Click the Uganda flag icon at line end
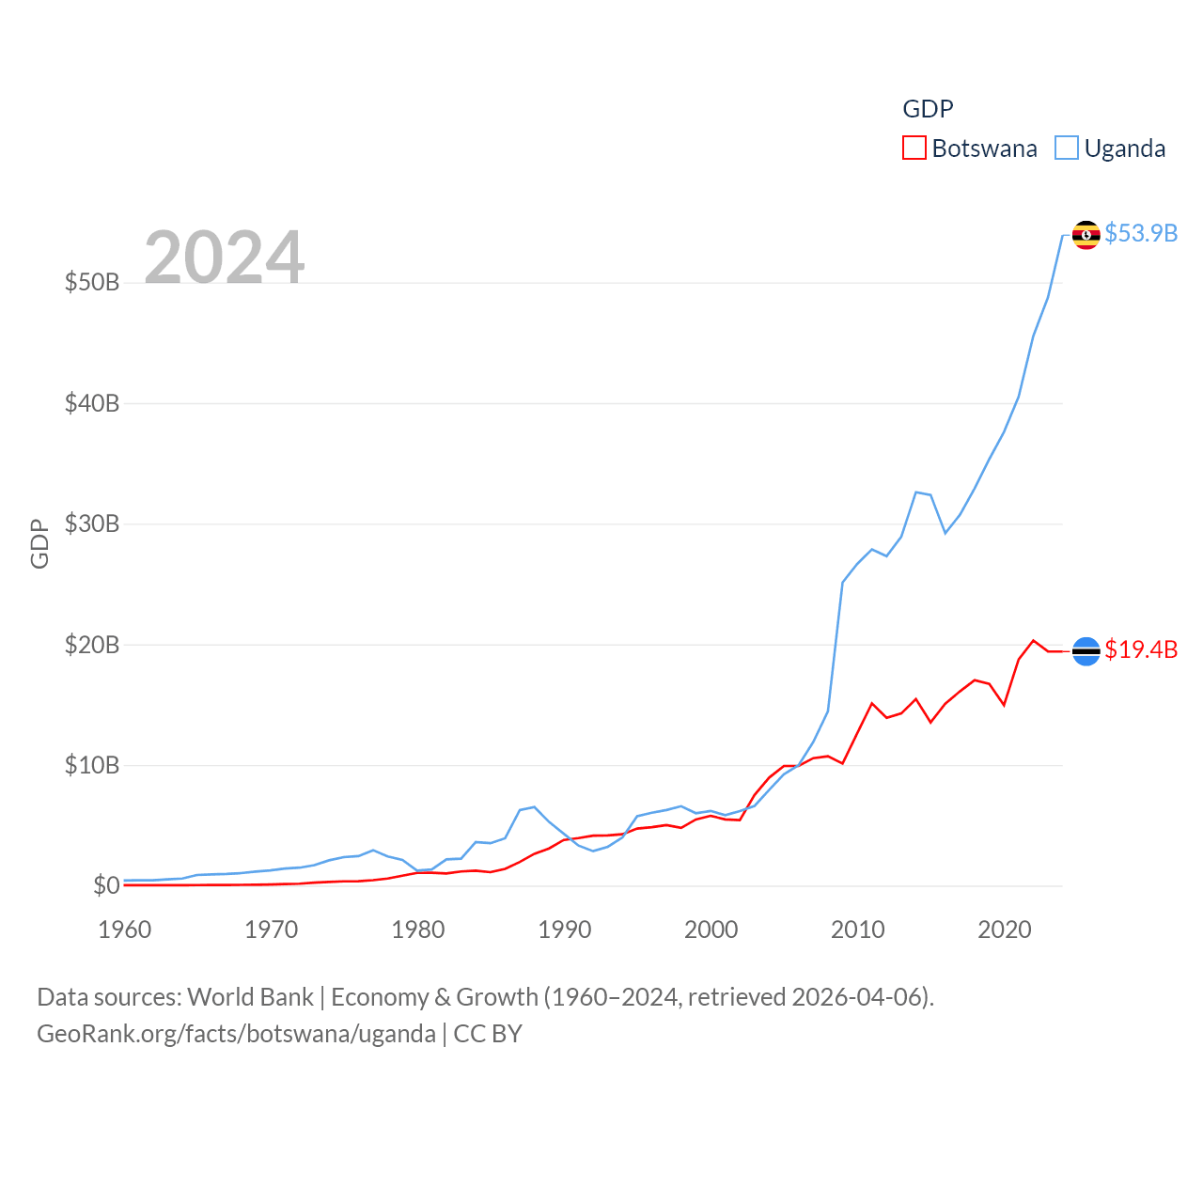coord(1086,235)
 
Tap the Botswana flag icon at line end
coord(1086,650)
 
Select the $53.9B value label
coord(1141,233)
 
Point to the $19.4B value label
coord(1141,649)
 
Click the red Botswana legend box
coord(914,148)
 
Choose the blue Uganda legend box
coord(1066,148)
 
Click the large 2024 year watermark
coord(224,257)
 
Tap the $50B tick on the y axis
coord(92,282)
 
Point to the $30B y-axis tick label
coord(92,523)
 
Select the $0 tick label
coord(106,885)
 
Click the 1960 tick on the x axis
coord(125,930)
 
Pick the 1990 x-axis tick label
coord(565,930)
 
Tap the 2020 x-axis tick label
coord(1005,930)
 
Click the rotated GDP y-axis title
coord(39,543)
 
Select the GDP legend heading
coord(928,109)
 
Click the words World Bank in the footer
coord(250,996)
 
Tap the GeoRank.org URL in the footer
coord(236,1034)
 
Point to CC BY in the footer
coord(488,1034)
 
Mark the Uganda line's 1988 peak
coord(534,806)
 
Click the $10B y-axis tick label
coord(92,765)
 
